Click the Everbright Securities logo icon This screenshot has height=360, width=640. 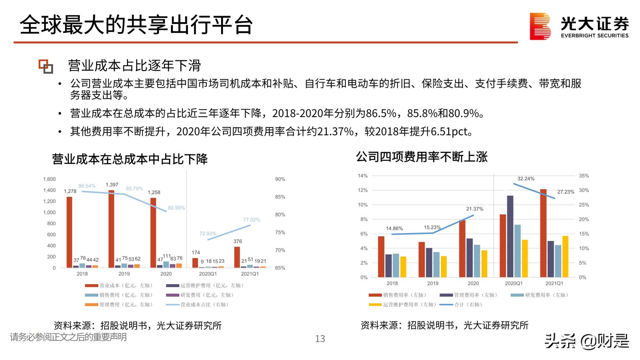click(x=540, y=26)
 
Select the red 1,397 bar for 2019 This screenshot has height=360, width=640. click(x=111, y=229)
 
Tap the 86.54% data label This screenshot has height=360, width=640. click(x=87, y=186)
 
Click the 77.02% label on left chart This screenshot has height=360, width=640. click(x=252, y=220)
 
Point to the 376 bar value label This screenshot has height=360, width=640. click(x=237, y=241)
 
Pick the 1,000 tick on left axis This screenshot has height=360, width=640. click(x=49, y=212)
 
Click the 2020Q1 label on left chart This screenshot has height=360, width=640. click(x=208, y=274)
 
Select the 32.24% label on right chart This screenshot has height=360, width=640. click(x=526, y=179)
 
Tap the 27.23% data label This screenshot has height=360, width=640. click(x=565, y=192)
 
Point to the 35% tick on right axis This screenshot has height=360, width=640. click(x=584, y=176)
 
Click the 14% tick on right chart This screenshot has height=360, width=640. click(x=363, y=176)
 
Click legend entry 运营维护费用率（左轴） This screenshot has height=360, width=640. click(x=403, y=305)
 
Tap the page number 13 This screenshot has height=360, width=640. click(x=320, y=339)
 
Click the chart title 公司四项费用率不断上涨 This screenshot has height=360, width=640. click(x=421, y=157)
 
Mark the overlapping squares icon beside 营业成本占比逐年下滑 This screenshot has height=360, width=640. click(x=46, y=66)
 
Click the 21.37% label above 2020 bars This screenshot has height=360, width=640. click(x=475, y=209)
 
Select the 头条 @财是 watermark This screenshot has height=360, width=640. click(x=587, y=341)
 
